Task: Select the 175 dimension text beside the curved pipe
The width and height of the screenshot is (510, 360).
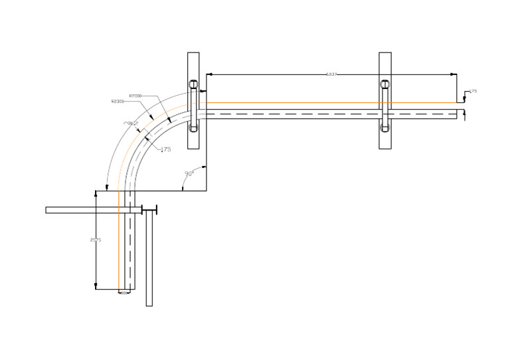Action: [165, 150]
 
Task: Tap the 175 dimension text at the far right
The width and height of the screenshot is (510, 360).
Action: [473, 91]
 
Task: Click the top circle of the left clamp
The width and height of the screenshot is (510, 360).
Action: [193, 84]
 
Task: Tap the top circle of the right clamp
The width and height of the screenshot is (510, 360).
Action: [384, 84]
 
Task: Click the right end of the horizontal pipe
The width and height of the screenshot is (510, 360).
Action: [457, 114]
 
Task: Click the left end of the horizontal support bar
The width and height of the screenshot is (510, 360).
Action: [47, 210]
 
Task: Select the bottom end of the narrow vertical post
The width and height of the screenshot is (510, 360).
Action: [149, 305]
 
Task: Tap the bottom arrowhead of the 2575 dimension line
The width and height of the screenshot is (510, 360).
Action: [96, 287]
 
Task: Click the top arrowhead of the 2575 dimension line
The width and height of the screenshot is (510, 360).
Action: [96, 193]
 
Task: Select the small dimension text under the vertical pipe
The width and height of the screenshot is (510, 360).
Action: [124, 293]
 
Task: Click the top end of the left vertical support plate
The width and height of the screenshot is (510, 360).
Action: [193, 53]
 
